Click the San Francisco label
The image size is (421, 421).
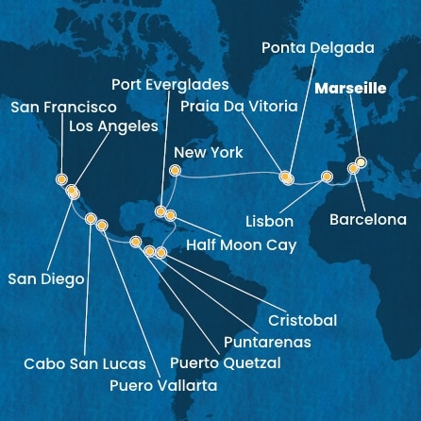click(x=63, y=108)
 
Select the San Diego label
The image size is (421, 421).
click(x=45, y=278)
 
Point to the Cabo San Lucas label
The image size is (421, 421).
click(x=86, y=363)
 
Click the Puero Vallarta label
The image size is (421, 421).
click(x=162, y=385)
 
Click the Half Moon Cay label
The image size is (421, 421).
click(x=241, y=244)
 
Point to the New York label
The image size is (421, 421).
click(x=209, y=152)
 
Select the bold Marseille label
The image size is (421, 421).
click(x=349, y=89)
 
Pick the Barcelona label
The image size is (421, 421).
click(x=367, y=220)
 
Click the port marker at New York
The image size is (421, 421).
click(x=174, y=171)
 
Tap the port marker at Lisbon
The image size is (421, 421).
click(x=327, y=177)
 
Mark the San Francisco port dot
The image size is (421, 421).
click(x=61, y=178)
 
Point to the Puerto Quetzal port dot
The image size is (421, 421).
click(x=137, y=242)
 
